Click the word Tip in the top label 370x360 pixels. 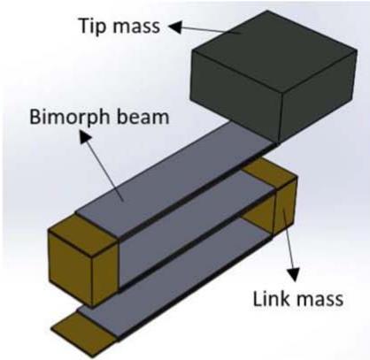pyautogui.click(x=92, y=26)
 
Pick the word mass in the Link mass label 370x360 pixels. pyautogui.click(x=320, y=300)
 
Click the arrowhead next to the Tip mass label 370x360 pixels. pyautogui.click(x=175, y=27)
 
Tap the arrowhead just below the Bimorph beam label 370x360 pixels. pyautogui.click(x=86, y=138)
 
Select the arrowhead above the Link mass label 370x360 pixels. pyautogui.click(x=294, y=275)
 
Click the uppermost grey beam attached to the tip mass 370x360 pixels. pyautogui.click(x=174, y=180)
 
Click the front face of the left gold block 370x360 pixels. pyautogui.click(x=71, y=268)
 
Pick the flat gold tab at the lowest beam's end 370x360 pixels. pyautogui.click(x=84, y=330)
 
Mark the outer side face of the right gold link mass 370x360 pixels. pyautogui.click(x=285, y=206)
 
